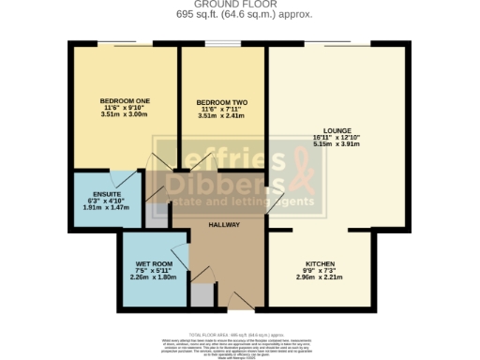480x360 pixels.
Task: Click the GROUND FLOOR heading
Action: pyautogui.click(x=239, y=6)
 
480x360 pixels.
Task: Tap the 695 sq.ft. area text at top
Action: pyautogui.click(x=239, y=16)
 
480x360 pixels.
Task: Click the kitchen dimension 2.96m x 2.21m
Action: pyautogui.click(x=320, y=278)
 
